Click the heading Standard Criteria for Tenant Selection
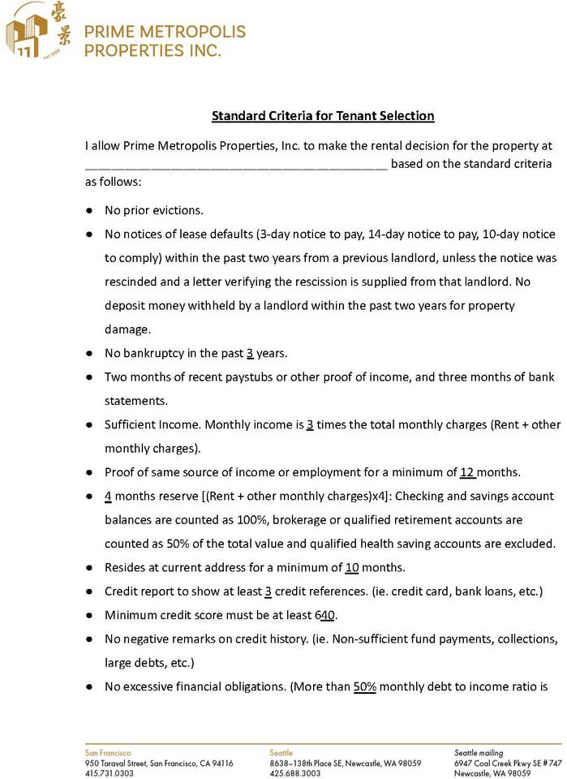click(323, 116)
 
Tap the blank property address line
click(236, 165)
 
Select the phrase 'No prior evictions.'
click(154, 210)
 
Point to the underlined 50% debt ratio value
click(364, 686)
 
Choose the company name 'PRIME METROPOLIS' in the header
click(165, 32)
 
